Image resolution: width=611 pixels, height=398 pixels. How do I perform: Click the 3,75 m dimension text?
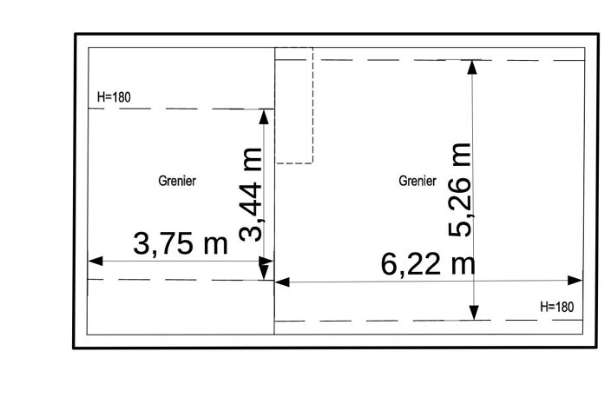click(x=181, y=244)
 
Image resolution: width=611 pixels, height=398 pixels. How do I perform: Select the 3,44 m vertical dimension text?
click(x=252, y=195)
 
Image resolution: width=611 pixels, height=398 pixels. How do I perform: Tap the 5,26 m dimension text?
click(x=460, y=189)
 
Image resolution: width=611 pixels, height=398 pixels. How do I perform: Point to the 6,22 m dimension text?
click(x=428, y=264)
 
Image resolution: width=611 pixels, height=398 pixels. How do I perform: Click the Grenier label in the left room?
click(x=177, y=181)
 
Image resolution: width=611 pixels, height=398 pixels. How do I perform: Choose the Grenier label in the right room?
click(x=417, y=181)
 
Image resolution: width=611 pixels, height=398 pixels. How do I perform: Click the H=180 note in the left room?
click(x=114, y=97)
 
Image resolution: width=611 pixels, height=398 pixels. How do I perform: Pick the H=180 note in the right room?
click(x=557, y=307)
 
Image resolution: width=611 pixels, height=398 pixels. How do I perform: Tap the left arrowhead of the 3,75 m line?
click(x=95, y=261)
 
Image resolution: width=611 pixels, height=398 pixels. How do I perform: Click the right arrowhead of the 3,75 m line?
click(x=266, y=261)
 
